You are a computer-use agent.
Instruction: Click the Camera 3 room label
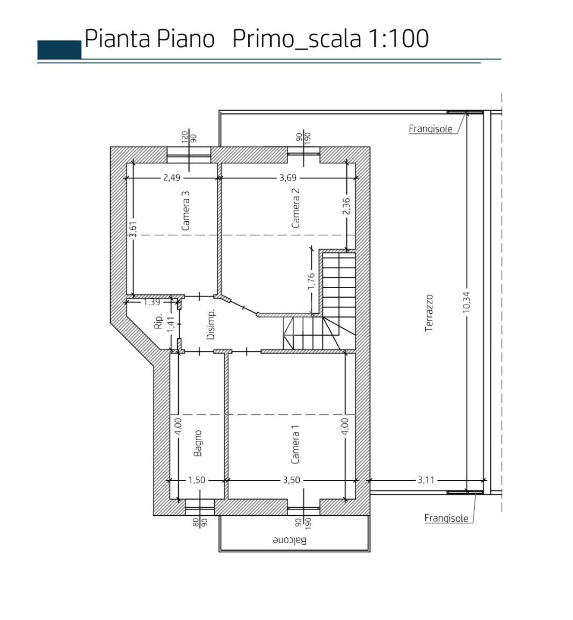pyautogui.click(x=185, y=211)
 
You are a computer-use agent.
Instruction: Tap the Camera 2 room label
pyautogui.click(x=295, y=207)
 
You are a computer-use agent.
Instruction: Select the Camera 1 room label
pyautogui.click(x=295, y=444)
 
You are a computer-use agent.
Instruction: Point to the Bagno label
pyautogui.click(x=198, y=443)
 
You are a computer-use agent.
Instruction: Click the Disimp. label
pyautogui.click(x=211, y=324)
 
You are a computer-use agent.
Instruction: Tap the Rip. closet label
pyautogui.click(x=158, y=321)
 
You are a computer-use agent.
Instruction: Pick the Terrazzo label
pyautogui.click(x=429, y=313)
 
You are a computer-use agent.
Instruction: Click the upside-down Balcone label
pyautogui.click(x=289, y=540)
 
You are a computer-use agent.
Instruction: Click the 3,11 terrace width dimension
pyautogui.click(x=426, y=480)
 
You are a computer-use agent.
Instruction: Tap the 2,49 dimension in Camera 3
pyautogui.click(x=171, y=177)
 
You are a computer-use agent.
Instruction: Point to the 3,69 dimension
pyautogui.click(x=288, y=177)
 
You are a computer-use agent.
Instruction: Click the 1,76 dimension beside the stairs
pyautogui.click(x=311, y=281)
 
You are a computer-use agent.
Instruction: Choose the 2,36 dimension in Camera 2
pyautogui.click(x=346, y=206)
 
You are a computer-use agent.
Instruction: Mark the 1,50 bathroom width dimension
pyautogui.click(x=197, y=480)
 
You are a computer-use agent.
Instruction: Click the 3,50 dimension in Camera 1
pyautogui.click(x=291, y=480)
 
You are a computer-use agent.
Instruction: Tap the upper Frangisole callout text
pyautogui.click(x=430, y=128)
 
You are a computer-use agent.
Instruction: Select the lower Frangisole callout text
pyautogui.click(x=446, y=518)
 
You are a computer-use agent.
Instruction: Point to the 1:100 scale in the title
pyautogui.click(x=398, y=39)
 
